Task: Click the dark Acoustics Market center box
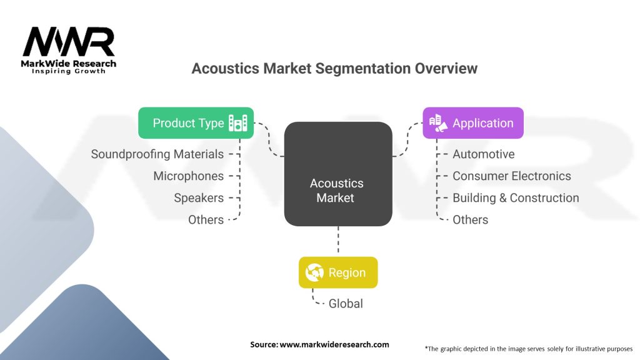[x=338, y=174]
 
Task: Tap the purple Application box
[x=472, y=122]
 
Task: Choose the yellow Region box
[x=338, y=272]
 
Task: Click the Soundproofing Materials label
[x=157, y=154]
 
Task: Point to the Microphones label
[x=188, y=176]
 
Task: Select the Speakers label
[x=199, y=197]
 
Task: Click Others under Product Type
[x=206, y=219]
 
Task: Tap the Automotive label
[x=483, y=154]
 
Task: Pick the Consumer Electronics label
[x=511, y=176]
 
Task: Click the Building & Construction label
[x=516, y=197]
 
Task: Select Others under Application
[x=470, y=219]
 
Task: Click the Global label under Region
[x=346, y=303]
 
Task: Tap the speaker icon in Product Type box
[x=238, y=122]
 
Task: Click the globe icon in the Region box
[x=314, y=272]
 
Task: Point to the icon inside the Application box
[x=437, y=122]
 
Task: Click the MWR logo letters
[x=69, y=42]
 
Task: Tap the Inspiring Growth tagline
[x=69, y=71]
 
